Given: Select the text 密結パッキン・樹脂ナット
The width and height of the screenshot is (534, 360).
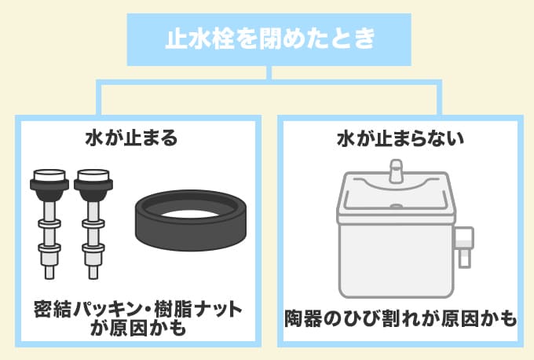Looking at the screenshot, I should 138,307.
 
